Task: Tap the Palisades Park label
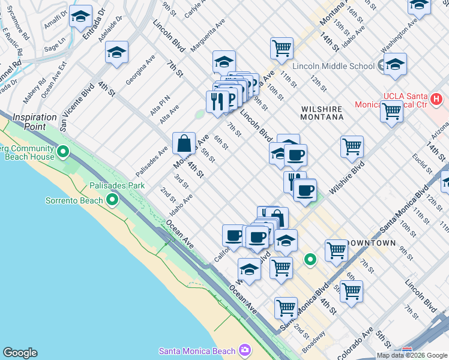(x=117, y=186)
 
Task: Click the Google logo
(x=20, y=353)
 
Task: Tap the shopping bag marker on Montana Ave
(x=184, y=144)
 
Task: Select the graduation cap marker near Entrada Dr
(x=80, y=17)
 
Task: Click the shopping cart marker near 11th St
(x=282, y=48)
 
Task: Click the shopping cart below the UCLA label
(x=391, y=111)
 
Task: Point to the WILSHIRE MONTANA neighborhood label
(x=322, y=113)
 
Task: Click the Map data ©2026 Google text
(x=412, y=355)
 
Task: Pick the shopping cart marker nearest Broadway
(x=286, y=308)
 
